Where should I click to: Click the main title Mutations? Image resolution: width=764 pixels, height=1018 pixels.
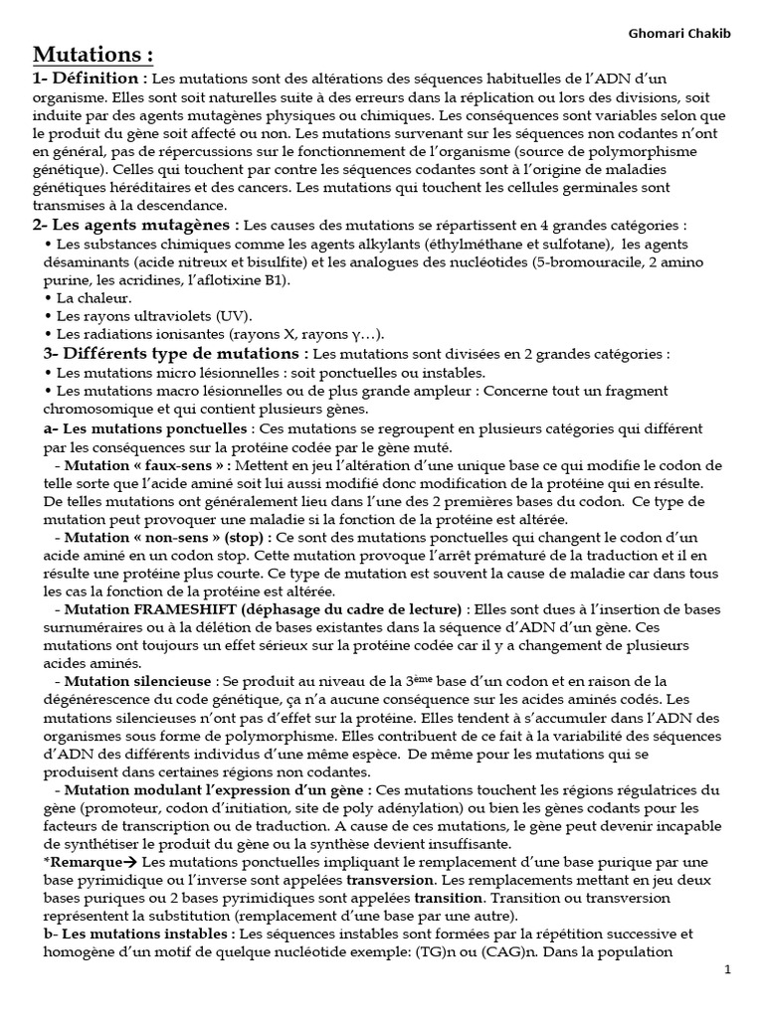click(x=95, y=55)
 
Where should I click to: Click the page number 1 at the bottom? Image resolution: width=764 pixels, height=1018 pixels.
click(x=728, y=970)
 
